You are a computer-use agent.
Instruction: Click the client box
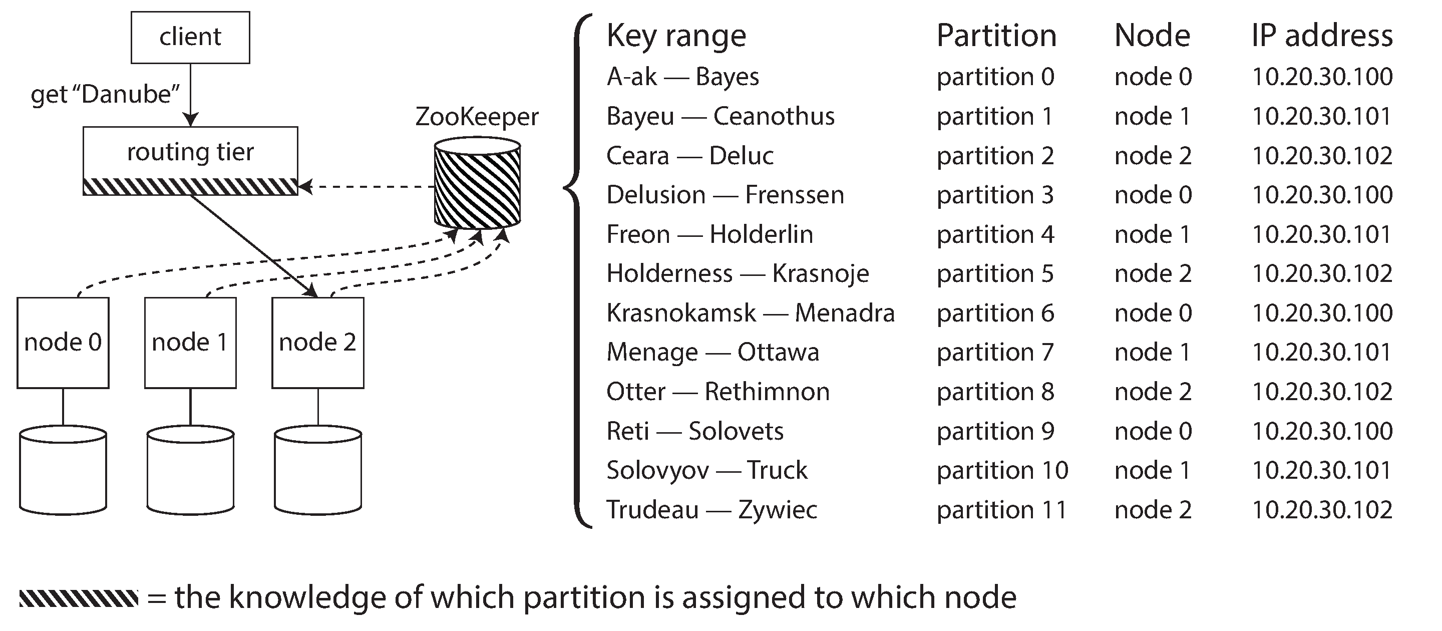point(190,37)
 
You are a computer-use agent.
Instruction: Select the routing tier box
point(190,160)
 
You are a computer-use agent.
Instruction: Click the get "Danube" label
point(105,94)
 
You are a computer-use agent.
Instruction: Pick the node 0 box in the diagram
point(63,342)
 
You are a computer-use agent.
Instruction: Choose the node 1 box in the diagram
point(190,342)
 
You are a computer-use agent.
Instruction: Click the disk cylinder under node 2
point(318,470)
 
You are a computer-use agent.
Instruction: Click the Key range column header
point(676,36)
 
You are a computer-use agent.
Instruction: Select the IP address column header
point(1322,36)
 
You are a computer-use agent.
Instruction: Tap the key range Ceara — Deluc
point(689,156)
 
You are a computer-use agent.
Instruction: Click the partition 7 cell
point(995,352)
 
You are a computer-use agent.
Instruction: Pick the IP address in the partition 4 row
point(1322,234)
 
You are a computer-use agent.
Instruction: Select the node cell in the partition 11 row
point(1153,509)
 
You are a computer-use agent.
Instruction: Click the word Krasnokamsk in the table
point(681,313)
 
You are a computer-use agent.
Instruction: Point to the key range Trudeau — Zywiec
point(711,509)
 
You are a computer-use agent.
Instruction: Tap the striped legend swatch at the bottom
point(79,598)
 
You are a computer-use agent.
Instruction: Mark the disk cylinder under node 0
point(63,470)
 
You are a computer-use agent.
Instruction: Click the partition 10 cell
point(1002,470)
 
